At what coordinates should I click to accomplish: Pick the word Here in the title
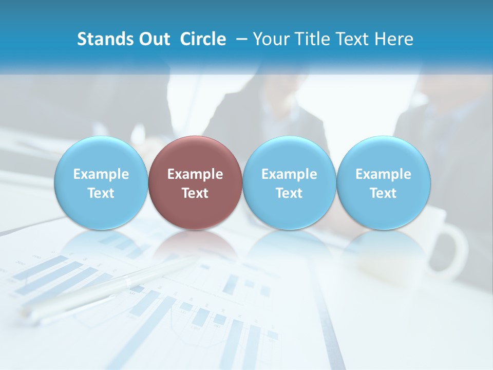(x=394, y=39)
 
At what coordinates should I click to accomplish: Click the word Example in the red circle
(x=195, y=175)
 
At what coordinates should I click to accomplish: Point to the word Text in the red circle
(x=195, y=194)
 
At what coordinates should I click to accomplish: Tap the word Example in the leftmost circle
(x=101, y=175)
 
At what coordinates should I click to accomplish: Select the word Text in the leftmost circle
(x=101, y=194)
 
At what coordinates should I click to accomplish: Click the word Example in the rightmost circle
(x=384, y=175)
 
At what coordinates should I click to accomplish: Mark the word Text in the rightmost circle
(x=384, y=194)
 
